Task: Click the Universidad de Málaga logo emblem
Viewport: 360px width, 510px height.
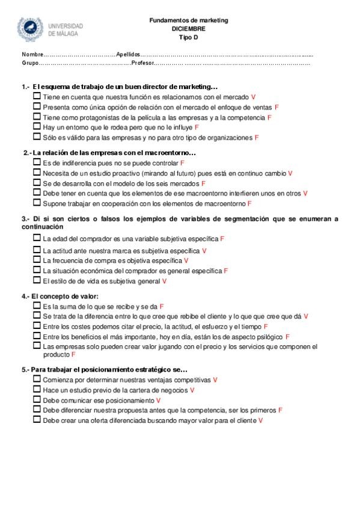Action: tap(31, 29)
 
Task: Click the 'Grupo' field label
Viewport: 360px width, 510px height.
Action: tap(31, 63)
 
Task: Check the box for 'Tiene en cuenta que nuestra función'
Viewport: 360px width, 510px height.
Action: tap(37, 96)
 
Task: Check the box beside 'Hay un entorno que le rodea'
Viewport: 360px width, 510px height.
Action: tap(37, 127)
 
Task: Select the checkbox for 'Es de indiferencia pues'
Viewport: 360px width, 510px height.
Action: tap(37, 162)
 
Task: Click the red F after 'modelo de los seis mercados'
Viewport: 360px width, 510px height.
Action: tap(203, 183)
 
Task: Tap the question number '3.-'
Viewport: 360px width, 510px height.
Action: tap(26, 219)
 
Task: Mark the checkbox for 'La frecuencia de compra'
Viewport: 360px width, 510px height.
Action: tap(37, 260)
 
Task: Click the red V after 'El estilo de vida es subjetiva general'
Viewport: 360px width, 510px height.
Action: tap(164, 281)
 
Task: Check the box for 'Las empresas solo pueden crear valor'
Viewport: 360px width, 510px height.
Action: tap(37, 346)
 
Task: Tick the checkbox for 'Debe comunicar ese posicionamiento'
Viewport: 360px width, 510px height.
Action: tap(37, 400)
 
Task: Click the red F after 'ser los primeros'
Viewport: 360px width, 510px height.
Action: tap(281, 410)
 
